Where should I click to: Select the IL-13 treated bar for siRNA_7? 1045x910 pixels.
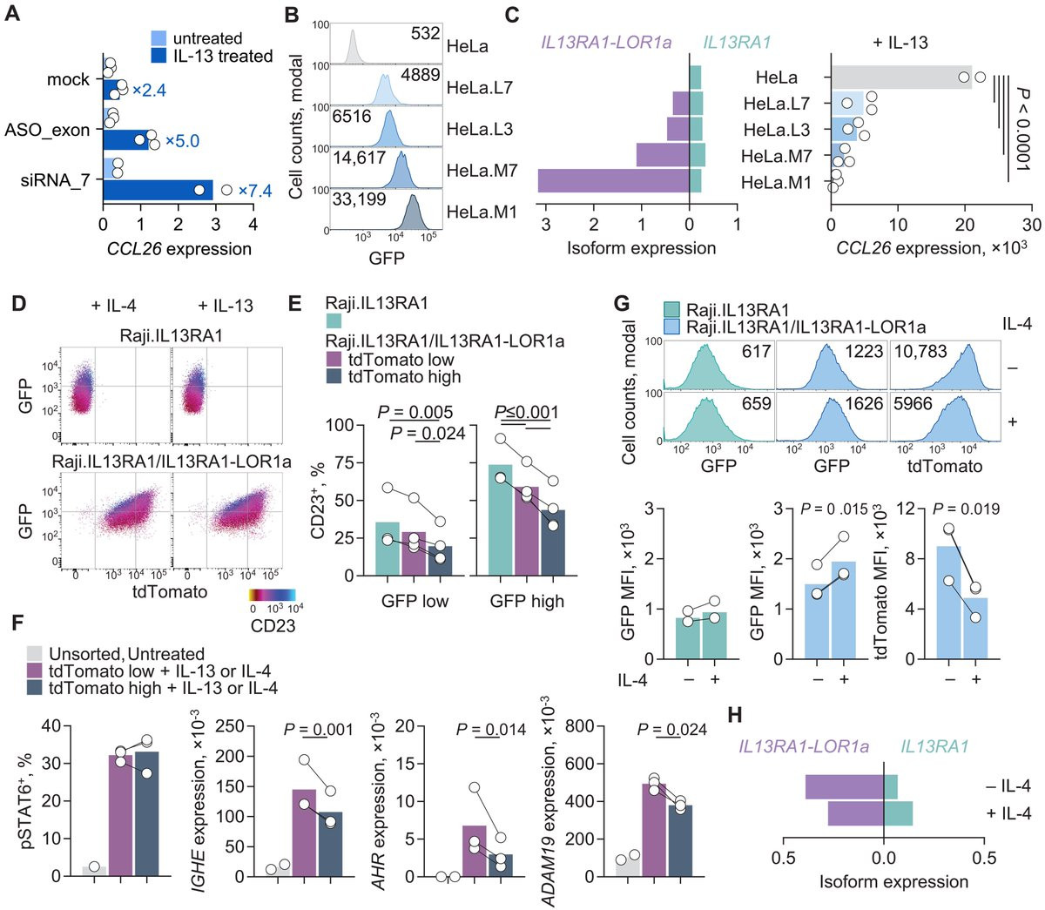pyautogui.click(x=158, y=190)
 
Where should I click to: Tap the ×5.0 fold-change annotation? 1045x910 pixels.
pyautogui.click(x=182, y=141)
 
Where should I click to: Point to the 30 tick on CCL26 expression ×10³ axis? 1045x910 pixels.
pyautogui.click(x=1031, y=226)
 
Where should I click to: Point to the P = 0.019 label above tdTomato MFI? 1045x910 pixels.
pyautogui.click(x=961, y=509)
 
